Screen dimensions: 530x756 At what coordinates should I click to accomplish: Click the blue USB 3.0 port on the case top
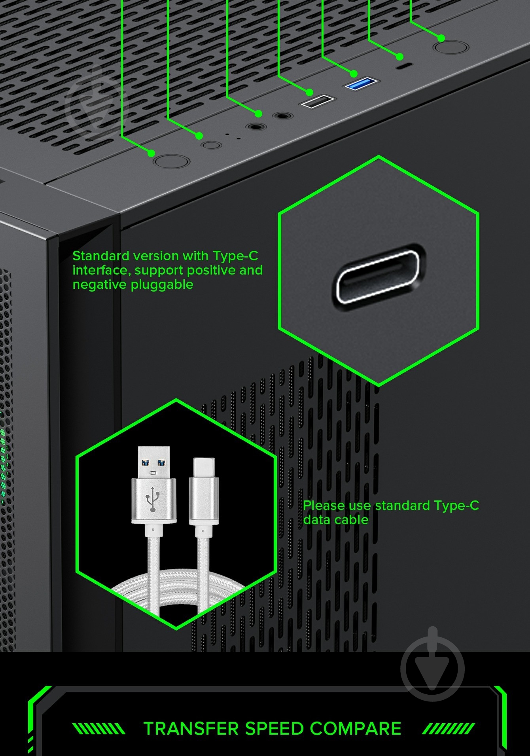pos(362,84)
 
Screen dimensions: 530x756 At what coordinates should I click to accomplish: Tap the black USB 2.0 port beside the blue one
pos(318,101)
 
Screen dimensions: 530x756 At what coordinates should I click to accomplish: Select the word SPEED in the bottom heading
pos(275,728)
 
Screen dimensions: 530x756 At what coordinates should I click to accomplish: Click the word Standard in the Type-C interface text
pos(101,256)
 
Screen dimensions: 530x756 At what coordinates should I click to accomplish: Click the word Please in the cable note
pos(324,506)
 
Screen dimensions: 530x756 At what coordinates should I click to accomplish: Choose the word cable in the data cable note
pos(352,519)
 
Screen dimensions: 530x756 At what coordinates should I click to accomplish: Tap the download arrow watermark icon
pos(432,665)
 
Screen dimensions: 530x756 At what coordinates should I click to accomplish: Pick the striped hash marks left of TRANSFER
pos(99,728)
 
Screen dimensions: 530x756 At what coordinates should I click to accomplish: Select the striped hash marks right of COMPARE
pos(449,728)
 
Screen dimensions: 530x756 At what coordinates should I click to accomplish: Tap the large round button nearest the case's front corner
pos(171,161)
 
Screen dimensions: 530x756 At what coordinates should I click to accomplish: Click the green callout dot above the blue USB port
pos(354,73)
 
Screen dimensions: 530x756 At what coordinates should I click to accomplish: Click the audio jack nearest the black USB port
pos(282,116)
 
